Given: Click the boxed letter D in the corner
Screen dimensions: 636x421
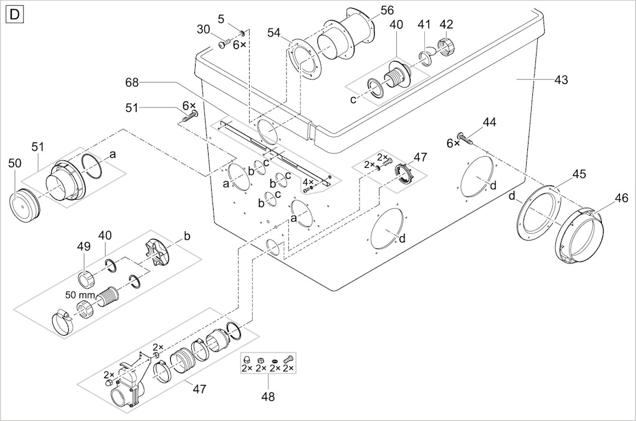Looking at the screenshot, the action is [15, 15].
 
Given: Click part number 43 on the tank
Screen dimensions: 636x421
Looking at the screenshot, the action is [561, 80].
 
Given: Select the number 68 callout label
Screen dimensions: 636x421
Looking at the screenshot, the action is [132, 83].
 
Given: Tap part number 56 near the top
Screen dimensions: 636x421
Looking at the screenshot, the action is [387, 10].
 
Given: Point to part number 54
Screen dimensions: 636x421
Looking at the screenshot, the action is [274, 33].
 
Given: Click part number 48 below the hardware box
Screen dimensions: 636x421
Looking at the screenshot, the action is [268, 396].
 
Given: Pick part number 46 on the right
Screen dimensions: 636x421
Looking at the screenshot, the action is [621, 198].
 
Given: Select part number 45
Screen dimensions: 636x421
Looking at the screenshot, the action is [579, 173].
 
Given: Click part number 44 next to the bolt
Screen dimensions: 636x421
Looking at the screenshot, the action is [489, 122].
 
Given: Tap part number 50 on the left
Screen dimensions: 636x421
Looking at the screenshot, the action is [15, 163].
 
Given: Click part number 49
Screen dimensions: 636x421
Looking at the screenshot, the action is [84, 246].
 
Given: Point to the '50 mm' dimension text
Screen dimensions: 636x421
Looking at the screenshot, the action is [80, 295].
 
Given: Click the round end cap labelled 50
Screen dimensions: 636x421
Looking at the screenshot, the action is [24, 206].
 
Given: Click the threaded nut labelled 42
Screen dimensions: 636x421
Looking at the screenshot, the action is [447, 47].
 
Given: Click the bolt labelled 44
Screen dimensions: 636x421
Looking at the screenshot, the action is [465, 138].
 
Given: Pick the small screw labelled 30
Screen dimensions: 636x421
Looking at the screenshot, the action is [224, 44].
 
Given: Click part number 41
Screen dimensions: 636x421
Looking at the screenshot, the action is [424, 24].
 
